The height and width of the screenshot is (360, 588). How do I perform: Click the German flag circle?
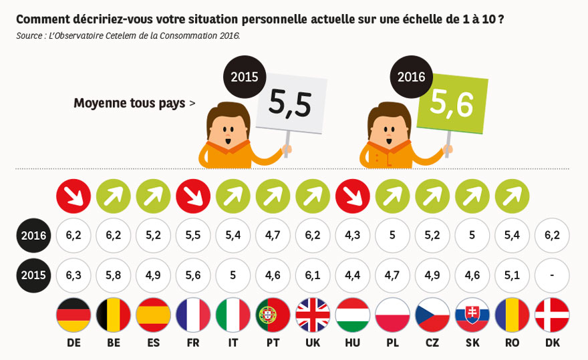(x=73, y=315)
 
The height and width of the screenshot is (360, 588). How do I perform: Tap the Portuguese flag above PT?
(x=273, y=315)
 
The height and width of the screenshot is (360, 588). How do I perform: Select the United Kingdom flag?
(x=313, y=315)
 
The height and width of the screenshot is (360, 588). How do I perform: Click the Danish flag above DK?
(x=553, y=315)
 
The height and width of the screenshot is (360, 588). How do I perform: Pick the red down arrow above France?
(x=193, y=197)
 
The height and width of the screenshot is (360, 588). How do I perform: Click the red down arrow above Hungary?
(x=353, y=197)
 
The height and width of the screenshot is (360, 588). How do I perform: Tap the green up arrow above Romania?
(x=512, y=197)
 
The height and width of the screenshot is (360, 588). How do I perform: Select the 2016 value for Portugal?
(x=273, y=235)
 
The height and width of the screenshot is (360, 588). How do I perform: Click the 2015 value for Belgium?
(x=114, y=275)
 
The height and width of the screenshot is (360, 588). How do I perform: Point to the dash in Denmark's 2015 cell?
(x=553, y=275)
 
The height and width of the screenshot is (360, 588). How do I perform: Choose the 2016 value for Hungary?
(x=353, y=235)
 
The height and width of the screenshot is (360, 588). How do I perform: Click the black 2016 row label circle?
(x=33, y=235)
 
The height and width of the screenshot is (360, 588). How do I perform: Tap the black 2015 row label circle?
(x=33, y=275)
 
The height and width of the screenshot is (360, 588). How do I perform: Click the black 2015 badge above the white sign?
(x=244, y=77)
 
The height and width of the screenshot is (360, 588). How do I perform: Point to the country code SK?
(x=472, y=343)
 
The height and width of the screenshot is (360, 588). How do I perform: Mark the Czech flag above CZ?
(x=432, y=315)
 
